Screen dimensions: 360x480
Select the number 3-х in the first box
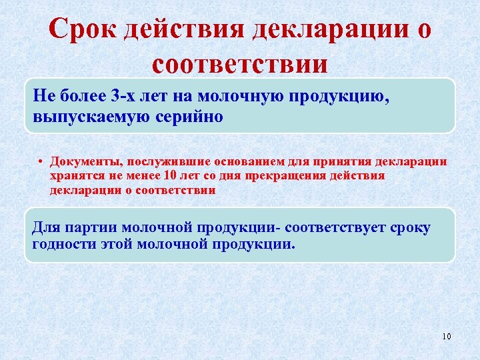click(x=127, y=97)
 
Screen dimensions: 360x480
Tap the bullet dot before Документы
click(x=41, y=162)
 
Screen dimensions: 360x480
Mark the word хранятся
click(x=74, y=176)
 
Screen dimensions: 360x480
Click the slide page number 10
click(x=447, y=336)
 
